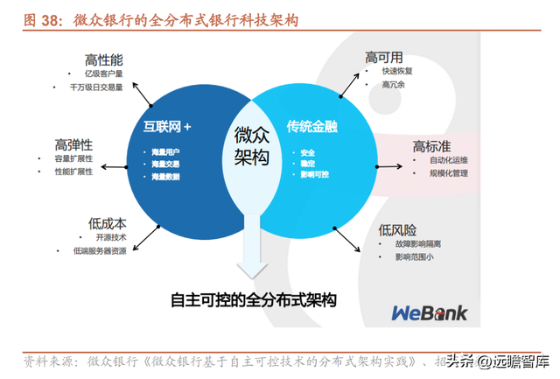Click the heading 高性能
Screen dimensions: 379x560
coord(103,60)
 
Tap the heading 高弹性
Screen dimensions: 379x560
coord(73,144)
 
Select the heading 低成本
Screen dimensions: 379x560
coord(107,223)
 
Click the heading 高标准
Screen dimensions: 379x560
coord(430,146)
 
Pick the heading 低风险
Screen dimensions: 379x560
coord(398,229)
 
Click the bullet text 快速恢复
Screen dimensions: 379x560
coord(396,71)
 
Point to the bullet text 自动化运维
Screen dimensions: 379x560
coord(449,161)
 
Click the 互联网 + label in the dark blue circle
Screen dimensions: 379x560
coord(167,127)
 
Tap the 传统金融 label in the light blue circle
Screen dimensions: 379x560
coord(312,127)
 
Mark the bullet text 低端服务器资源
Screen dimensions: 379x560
coord(112,250)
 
